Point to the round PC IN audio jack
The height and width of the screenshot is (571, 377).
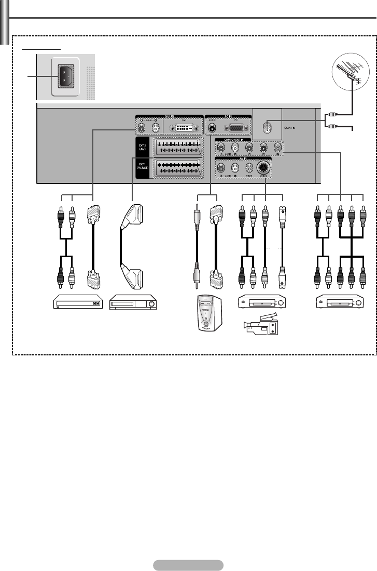(212, 127)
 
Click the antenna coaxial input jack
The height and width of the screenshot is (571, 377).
(266, 126)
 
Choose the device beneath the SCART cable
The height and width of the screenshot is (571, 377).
(133, 302)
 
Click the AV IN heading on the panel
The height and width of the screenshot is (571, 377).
(242, 160)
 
